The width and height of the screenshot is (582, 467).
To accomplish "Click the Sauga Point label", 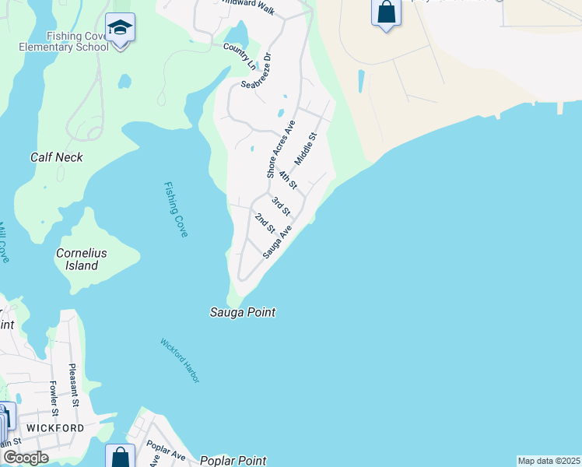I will point(243,312).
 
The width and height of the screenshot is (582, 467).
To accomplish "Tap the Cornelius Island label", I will point(81,259).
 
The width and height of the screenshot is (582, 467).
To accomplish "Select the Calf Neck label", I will point(56,157).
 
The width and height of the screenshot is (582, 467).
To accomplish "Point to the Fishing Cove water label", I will point(176,209).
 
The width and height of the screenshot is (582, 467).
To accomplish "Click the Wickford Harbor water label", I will point(180,360).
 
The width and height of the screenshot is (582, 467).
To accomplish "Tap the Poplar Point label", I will point(233,461).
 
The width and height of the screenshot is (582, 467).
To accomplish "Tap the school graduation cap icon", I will point(121,30).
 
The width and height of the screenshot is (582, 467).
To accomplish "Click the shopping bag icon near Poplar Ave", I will point(121,457).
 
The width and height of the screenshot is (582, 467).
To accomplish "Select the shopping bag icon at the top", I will point(386,12).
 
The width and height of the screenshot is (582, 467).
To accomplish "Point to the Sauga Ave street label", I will point(276,242).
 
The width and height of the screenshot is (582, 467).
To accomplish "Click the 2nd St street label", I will point(265,222).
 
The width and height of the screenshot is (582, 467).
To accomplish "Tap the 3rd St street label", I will point(281,206).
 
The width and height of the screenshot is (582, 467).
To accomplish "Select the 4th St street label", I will point(288,180).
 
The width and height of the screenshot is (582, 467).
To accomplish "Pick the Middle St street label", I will point(307,146).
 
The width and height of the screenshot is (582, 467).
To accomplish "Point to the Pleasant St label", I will point(73,384).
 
